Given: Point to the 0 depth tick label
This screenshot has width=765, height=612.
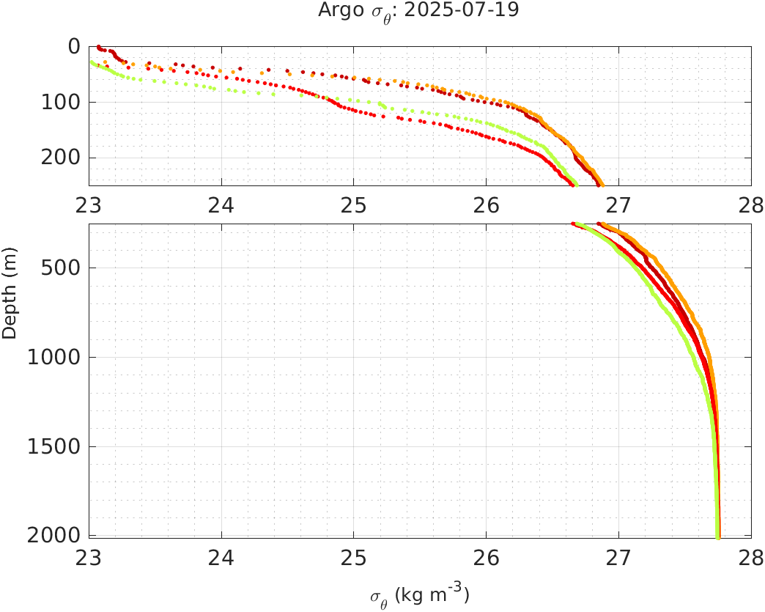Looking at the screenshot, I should [75, 46].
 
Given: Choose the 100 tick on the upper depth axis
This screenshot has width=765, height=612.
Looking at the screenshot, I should [64, 102].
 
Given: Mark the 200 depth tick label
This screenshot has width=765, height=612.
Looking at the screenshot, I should [64, 158].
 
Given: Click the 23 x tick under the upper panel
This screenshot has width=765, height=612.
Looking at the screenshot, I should [89, 204].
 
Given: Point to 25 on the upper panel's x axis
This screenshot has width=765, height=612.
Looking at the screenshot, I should [353, 204].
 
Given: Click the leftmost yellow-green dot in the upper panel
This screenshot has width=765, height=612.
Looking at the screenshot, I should [92, 62].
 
